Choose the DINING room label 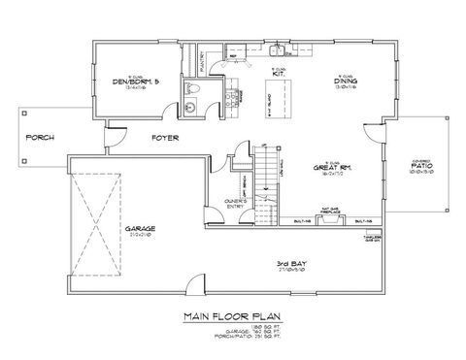click(x=345, y=82)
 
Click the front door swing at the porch click(x=115, y=140)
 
